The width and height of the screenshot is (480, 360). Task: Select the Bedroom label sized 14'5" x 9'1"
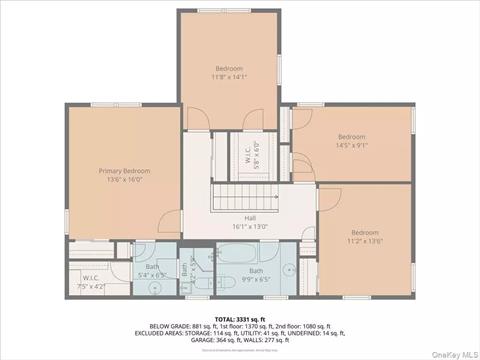350,137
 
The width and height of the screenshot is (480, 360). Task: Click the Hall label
250,218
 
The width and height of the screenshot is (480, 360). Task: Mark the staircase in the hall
250,196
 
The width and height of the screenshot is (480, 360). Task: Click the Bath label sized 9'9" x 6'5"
257,271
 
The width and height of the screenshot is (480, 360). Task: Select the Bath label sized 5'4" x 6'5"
152,266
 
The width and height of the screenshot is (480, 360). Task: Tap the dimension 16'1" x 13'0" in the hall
250,227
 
